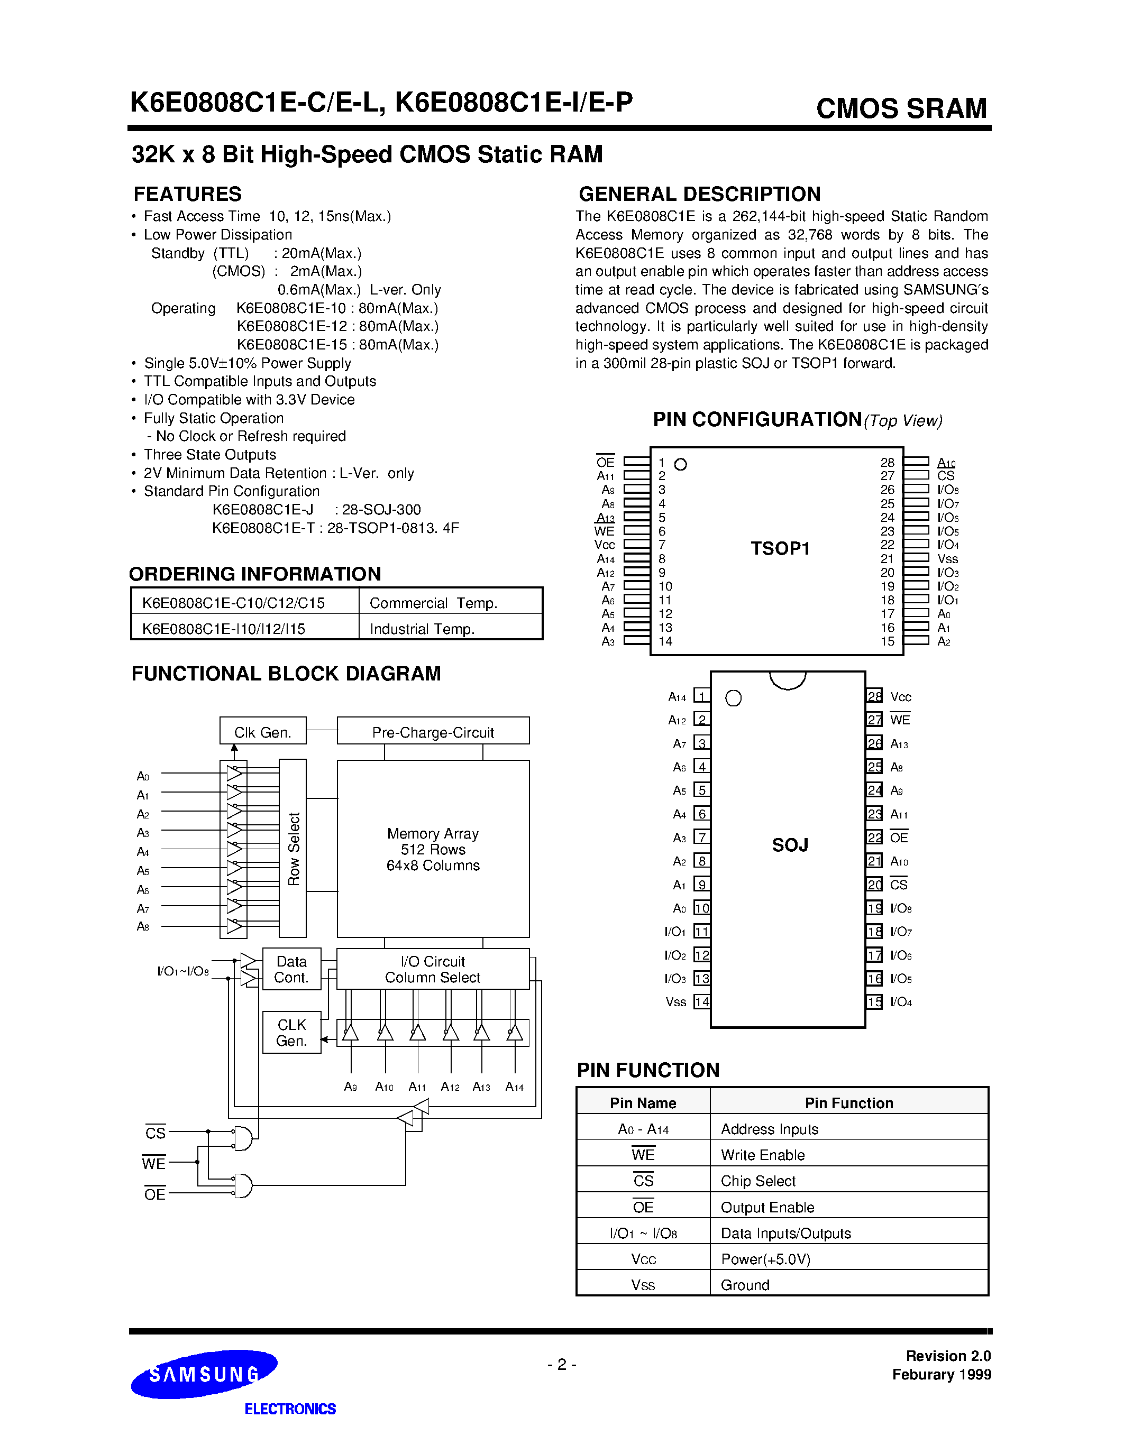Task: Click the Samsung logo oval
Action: tap(204, 1374)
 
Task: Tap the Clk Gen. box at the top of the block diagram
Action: tap(263, 731)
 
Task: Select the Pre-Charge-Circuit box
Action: tap(433, 731)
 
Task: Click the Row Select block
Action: tap(293, 848)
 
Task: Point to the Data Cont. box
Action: tap(291, 969)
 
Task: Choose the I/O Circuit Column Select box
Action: tap(433, 969)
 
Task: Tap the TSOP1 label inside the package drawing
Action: tap(780, 549)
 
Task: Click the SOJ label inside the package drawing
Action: tap(790, 845)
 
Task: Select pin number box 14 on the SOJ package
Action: tap(702, 1002)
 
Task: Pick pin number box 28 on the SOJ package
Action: tap(874, 696)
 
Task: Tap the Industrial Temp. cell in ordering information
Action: tap(422, 629)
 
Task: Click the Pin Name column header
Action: tap(643, 1103)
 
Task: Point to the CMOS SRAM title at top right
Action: tap(901, 108)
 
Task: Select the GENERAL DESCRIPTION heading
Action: tap(699, 194)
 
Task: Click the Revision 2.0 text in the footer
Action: tap(947, 1356)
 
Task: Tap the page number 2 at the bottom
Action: tap(562, 1365)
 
